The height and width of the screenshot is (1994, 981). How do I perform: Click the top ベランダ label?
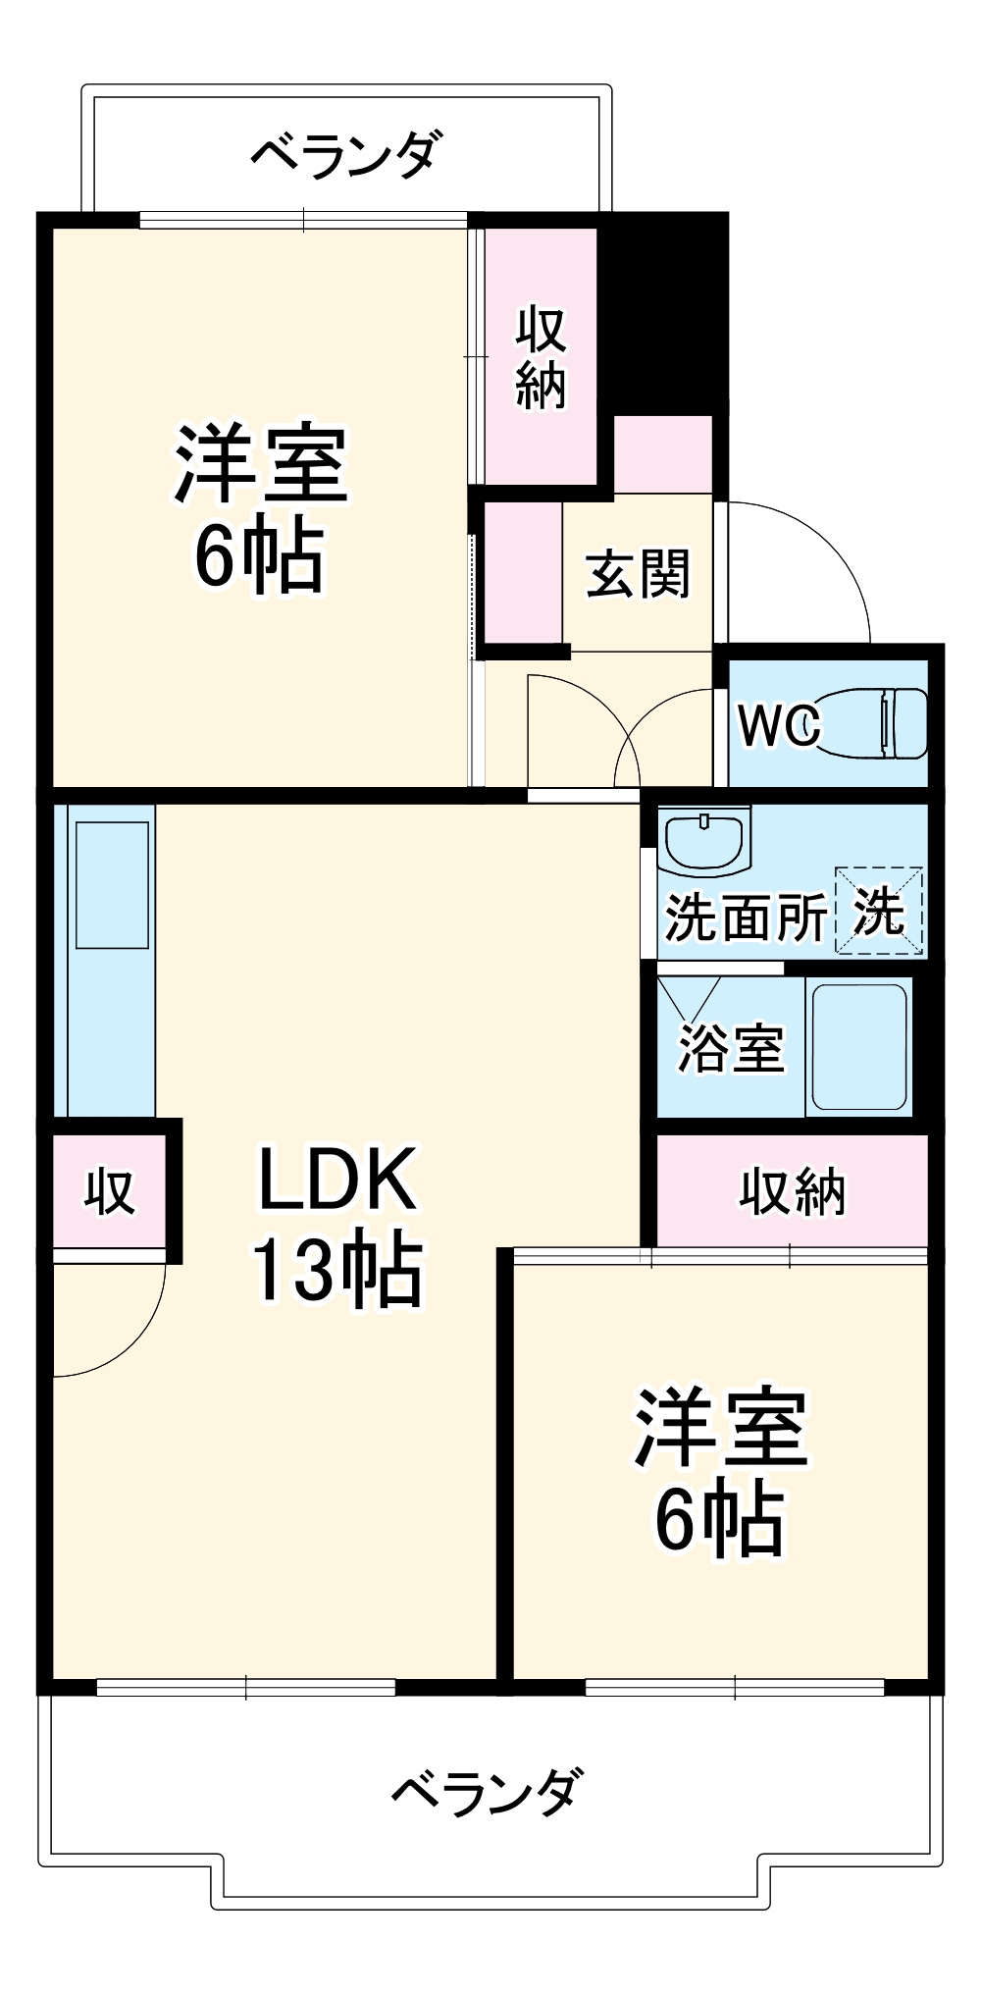(345, 154)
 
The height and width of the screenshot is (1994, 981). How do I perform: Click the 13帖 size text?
(336, 1270)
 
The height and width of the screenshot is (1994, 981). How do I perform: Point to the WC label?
(778, 726)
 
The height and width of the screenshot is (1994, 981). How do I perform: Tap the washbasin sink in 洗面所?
(704, 841)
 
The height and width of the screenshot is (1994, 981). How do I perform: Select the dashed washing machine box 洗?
(878, 910)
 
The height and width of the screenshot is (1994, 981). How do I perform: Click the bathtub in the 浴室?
(858, 1046)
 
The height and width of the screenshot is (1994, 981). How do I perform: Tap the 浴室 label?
(731, 1048)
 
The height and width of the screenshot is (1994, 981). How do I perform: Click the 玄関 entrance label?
(638, 574)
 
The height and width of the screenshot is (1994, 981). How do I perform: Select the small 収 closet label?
(109, 1192)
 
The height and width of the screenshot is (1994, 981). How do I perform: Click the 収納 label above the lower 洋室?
(791, 1192)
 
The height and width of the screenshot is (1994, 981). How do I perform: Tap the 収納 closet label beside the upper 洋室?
(541, 356)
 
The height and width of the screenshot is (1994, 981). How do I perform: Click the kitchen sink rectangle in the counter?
(112, 884)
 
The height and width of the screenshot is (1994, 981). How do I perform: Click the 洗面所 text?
(746, 918)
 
